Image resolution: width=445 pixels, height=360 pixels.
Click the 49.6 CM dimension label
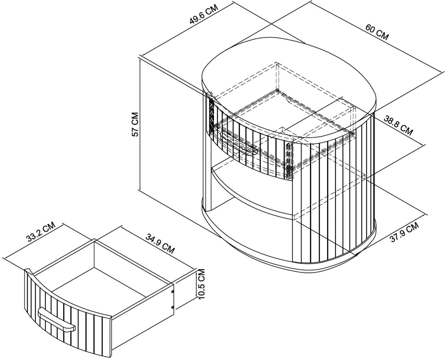(x=204, y=14)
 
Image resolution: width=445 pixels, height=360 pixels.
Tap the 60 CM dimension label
(x=377, y=32)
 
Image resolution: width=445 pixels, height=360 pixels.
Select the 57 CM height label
(x=136, y=124)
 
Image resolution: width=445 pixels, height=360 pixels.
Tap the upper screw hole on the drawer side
(x=172, y=292)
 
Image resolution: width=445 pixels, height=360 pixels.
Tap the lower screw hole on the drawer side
(x=172, y=307)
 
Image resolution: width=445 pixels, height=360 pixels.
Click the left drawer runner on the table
(x=212, y=116)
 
